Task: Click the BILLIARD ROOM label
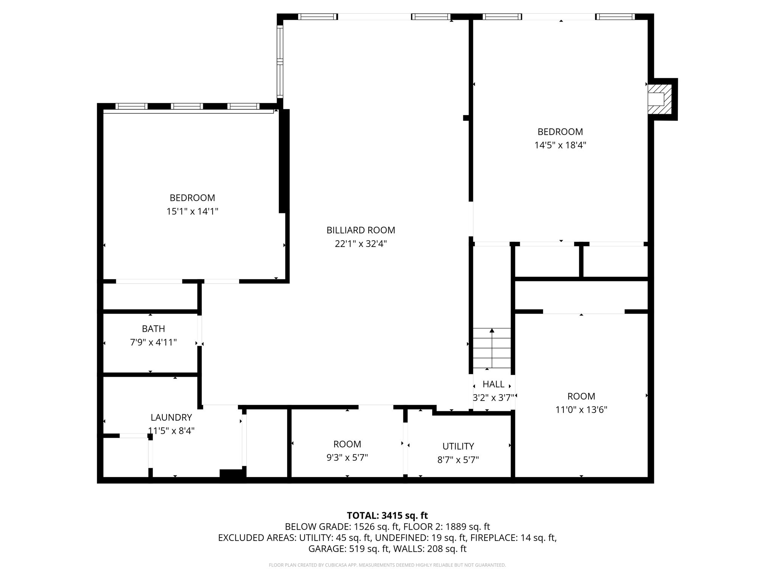pyautogui.click(x=361, y=230)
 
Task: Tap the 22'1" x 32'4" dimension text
pyautogui.click(x=361, y=244)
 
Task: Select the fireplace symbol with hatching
pyautogui.click(x=660, y=99)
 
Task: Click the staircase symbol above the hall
pyautogui.click(x=492, y=348)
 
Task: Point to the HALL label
pyautogui.click(x=493, y=384)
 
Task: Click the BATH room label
pyautogui.click(x=153, y=329)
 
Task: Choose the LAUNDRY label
pyautogui.click(x=171, y=417)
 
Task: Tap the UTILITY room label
pyautogui.click(x=458, y=446)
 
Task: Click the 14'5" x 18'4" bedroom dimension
pyautogui.click(x=560, y=145)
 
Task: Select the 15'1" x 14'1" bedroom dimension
pyautogui.click(x=192, y=211)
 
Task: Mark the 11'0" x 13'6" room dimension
pyautogui.click(x=581, y=410)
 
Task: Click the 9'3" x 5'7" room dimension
pyautogui.click(x=347, y=458)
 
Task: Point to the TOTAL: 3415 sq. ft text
pyautogui.click(x=387, y=516)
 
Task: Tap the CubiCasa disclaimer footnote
pyautogui.click(x=387, y=565)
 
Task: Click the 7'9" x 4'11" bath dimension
pyautogui.click(x=153, y=342)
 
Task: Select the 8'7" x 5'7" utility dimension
pyautogui.click(x=458, y=460)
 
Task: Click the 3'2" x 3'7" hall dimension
pyautogui.click(x=493, y=398)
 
